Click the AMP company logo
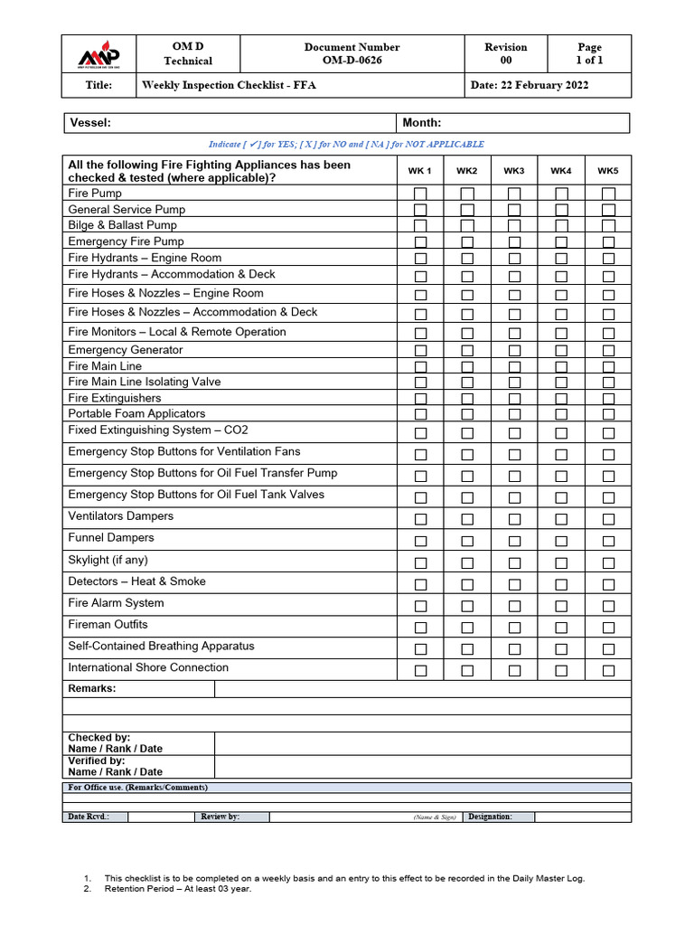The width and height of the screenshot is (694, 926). (98, 55)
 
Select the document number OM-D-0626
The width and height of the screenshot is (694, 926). (352, 61)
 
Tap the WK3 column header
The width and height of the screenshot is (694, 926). (514, 171)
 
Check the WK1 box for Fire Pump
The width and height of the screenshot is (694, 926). (420, 194)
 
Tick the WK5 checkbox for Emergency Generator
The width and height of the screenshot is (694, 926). (608, 351)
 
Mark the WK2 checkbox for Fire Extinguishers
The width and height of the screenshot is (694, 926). (467, 399)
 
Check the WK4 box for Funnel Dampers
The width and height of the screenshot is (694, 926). (561, 541)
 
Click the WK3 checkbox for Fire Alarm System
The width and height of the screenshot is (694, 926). (514, 606)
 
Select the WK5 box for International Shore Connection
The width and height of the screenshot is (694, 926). (608, 670)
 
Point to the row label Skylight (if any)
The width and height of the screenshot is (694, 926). (108, 560)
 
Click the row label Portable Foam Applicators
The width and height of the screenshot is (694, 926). (136, 413)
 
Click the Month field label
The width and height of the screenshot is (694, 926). (421, 123)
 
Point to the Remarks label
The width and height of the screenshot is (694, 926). (92, 688)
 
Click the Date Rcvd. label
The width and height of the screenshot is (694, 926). (89, 817)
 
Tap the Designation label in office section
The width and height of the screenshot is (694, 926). (490, 817)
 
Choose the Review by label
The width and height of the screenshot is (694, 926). (220, 817)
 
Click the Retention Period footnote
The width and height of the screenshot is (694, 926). (178, 888)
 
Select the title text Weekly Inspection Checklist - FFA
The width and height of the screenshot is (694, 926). (229, 85)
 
